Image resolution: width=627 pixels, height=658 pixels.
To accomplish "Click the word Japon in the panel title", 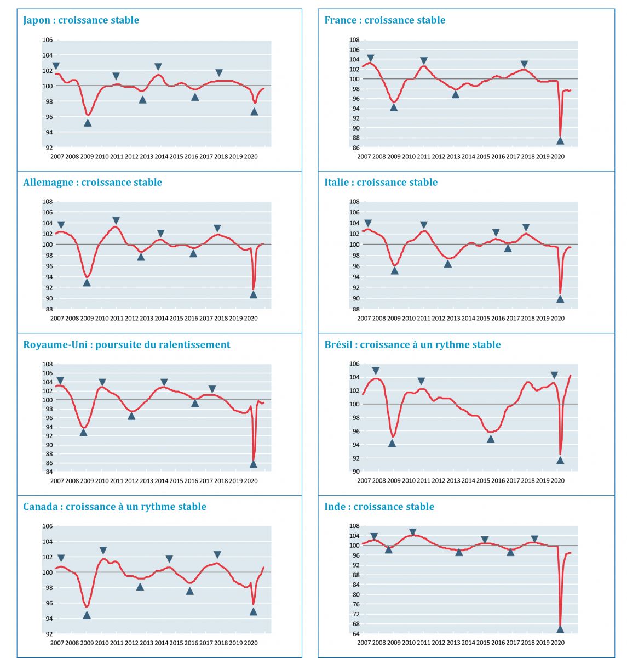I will [38, 20].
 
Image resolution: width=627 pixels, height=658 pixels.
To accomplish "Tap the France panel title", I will [384, 20].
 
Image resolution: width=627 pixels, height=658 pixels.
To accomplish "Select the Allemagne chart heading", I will [93, 183].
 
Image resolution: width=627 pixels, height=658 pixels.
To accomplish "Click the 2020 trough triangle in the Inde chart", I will [560, 629].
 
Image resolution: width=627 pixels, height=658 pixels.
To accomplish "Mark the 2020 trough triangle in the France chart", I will [560, 140].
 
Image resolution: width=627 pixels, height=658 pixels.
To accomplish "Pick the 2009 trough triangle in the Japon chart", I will [88, 123].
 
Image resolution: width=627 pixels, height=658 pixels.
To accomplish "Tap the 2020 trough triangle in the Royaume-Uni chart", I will [253, 464].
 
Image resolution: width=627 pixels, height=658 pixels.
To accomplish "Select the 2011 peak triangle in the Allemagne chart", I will [116, 221].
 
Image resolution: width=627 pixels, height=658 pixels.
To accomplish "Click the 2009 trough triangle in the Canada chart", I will [87, 615].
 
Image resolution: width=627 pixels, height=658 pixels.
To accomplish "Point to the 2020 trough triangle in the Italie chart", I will [560, 299].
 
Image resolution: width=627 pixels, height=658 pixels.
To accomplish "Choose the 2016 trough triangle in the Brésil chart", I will [491, 439].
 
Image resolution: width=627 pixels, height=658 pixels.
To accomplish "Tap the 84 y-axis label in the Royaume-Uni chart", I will [48, 472].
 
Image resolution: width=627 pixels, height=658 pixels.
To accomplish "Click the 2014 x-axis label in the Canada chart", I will [161, 643].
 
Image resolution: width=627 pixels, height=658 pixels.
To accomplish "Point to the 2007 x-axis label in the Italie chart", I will [364, 319].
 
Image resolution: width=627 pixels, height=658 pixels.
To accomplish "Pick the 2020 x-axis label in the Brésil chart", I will [557, 481].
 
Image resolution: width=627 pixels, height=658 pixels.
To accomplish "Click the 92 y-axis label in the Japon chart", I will [48, 148].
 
